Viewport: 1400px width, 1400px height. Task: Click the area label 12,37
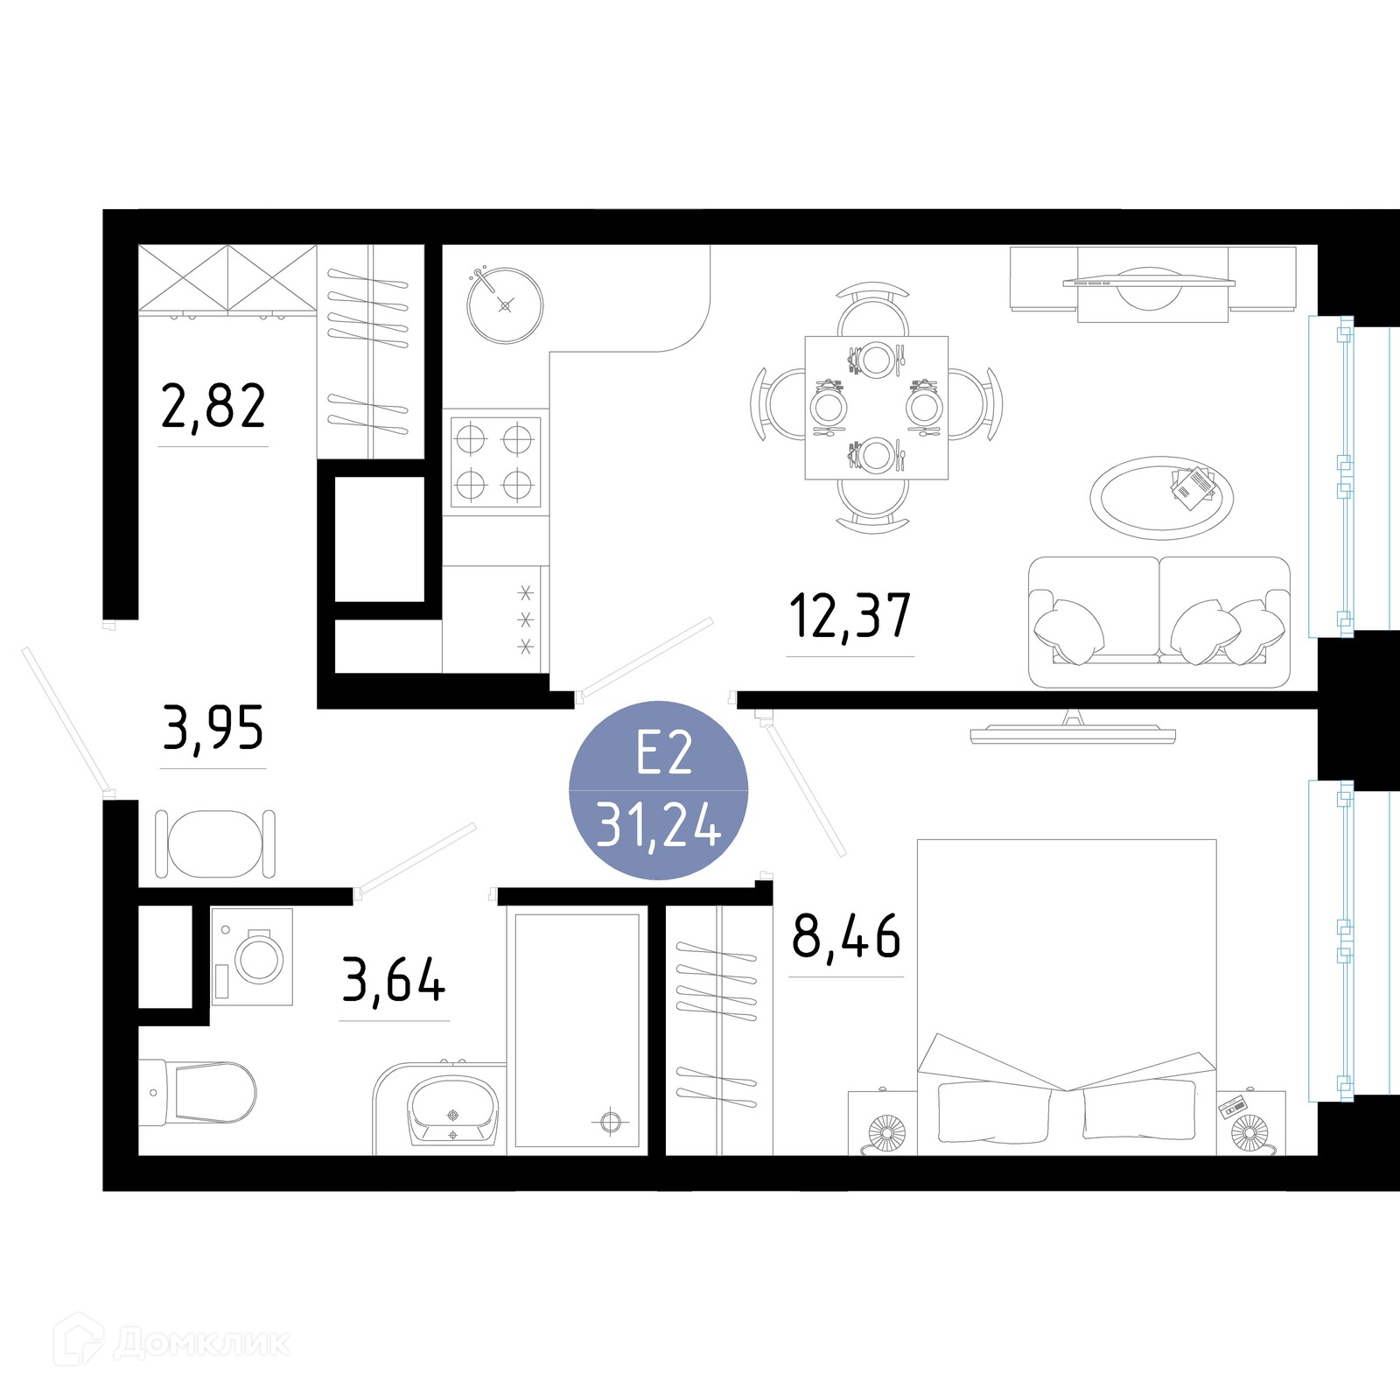(x=850, y=615)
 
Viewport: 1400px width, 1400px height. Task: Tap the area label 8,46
(x=846, y=936)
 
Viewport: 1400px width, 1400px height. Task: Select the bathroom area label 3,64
(x=394, y=981)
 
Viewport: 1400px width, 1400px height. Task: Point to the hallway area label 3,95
(x=213, y=729)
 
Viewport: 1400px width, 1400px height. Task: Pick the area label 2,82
(x=213, y=407)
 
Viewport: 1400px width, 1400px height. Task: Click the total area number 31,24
(x=658, y=826)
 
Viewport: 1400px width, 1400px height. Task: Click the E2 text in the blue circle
(x=664, y=753)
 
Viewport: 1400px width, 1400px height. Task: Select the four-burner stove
(x=495, y=462)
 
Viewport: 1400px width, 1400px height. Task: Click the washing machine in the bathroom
(x=252, y=956)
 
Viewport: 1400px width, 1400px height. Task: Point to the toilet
(x=198, y=1092)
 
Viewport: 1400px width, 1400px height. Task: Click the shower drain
(x=610, y=1121)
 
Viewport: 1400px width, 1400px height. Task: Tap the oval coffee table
(x=1161, y=497)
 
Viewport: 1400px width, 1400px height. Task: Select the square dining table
(x=876, y=407)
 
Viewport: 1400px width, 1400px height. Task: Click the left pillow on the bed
(x=993, y=1112)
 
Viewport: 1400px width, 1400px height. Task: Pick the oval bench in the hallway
(x=215, y=843)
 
